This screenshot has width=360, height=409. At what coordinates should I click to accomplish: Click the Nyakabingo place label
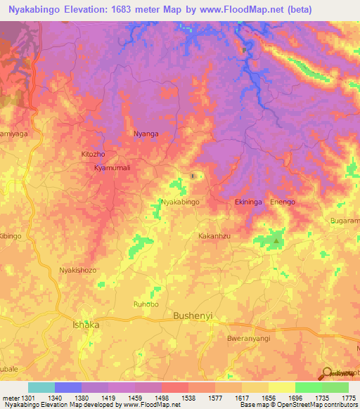click(181, 202)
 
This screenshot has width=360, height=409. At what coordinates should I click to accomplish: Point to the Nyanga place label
click(146, 134)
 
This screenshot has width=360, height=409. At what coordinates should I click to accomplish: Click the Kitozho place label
click(93, 153)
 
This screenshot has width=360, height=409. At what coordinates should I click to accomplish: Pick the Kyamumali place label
click(112, 169)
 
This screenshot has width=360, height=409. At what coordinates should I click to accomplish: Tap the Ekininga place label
click(248, 202)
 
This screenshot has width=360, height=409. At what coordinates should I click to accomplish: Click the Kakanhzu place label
click(214, 236)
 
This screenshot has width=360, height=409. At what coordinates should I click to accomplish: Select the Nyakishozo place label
click(77, 270)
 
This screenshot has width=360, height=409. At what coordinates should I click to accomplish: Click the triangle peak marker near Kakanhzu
click(276, 241)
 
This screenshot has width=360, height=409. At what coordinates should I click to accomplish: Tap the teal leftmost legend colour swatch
click(41, 387)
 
